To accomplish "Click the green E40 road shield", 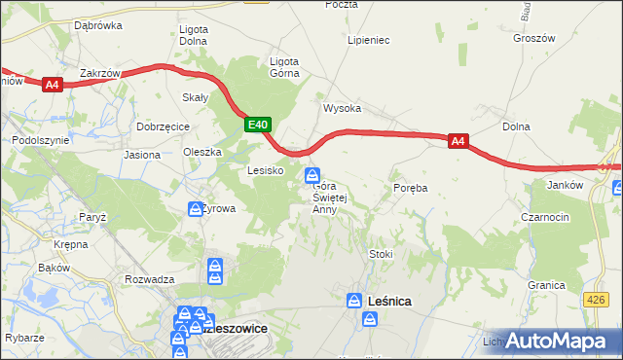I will [x=257, y=125].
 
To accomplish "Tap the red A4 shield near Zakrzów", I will [x=53, y=85].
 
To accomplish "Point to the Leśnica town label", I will [x=390, y=302].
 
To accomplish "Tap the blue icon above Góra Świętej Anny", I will [x=312, y=176].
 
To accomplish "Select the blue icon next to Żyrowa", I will [x=195, y=208].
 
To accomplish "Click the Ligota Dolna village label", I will [x=195, y=35].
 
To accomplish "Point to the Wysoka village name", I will [x=343, y=108].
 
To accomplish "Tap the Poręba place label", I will [x=411, y=186].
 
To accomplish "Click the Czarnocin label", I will [x=545, y=217].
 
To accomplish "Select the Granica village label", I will [x=546, y=285].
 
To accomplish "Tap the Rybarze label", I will [x=23, y=337].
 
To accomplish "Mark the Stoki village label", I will [x=381, y=254].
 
